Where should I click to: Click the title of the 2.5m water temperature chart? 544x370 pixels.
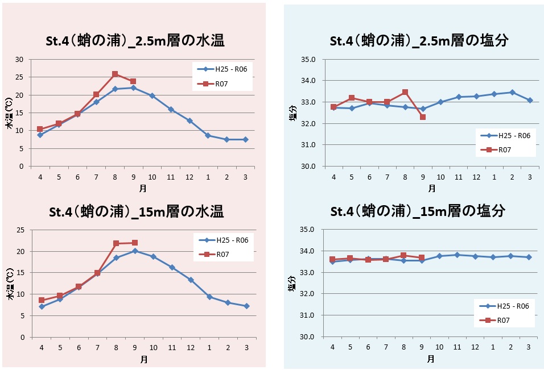click(x=134, y=41)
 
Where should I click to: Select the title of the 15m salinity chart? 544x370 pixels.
click(x=418, y=211)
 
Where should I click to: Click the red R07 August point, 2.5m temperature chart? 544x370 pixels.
click(x=115, y=74)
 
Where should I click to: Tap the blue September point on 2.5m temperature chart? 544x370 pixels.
click(x=133, y=88)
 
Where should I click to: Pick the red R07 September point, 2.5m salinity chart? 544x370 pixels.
click(x=422, y=117)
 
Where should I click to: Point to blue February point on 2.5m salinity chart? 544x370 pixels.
click(x=512, y=92)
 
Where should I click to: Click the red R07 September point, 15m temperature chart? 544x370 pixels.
click(x=134, y=243)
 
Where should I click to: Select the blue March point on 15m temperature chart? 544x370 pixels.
click(x=246, y=306)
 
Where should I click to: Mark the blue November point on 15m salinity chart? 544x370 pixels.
click(x=458, y=255)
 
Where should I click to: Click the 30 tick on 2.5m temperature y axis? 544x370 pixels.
click(x=20, y=59)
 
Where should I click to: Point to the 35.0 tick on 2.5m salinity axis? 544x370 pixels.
click(x=307, y=59)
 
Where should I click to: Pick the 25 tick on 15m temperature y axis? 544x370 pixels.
click(x=20, y=230)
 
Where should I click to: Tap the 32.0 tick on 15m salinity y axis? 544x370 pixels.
click(x=307, y=294)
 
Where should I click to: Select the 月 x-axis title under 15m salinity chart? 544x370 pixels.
click(x=431, y=359)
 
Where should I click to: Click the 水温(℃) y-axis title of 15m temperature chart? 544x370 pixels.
click(x=10, y=288)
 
